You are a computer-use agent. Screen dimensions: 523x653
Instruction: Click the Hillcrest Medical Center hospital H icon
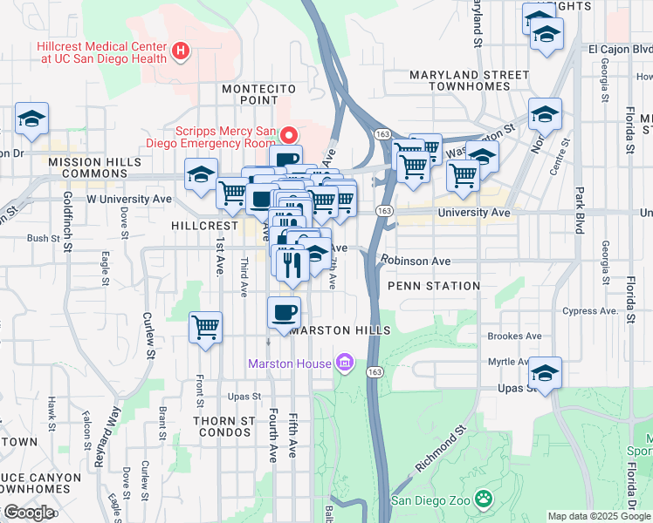181,51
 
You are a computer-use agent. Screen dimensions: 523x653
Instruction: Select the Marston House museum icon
345,363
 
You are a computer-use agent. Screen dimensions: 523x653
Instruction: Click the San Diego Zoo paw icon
483,499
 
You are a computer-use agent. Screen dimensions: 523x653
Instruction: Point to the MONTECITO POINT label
261,94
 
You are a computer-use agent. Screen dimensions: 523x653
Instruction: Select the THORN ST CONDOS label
224,427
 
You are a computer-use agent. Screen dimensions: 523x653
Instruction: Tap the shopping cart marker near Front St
205,328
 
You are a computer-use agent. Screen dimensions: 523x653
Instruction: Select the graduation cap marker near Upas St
546,373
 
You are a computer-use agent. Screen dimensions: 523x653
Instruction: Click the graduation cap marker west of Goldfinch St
32,119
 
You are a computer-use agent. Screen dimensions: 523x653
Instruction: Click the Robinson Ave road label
416,261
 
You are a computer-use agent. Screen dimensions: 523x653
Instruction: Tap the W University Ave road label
129,199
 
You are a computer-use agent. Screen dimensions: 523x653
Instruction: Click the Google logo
29,513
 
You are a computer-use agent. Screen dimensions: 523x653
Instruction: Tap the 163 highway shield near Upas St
375,372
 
